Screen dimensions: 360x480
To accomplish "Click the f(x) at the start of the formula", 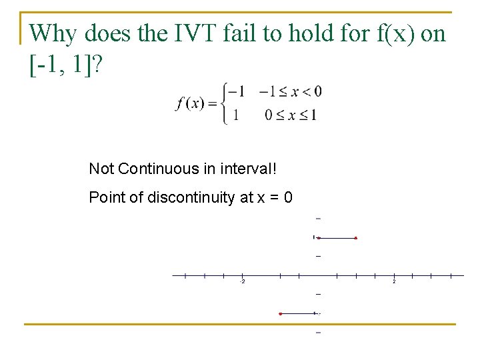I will (191, 103).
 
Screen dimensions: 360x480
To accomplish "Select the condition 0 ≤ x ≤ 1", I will (291, 115).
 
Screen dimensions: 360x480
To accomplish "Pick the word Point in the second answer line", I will (103, 198).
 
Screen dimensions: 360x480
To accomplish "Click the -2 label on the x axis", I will (242, 282).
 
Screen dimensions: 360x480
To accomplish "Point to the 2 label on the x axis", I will (394, 282).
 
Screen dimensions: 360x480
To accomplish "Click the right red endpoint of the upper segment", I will (356, 237).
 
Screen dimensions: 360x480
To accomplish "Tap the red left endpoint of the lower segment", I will (281, 313).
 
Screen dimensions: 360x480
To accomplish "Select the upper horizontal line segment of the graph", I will (337, 237).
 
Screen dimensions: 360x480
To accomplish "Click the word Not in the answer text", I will (101, 169).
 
